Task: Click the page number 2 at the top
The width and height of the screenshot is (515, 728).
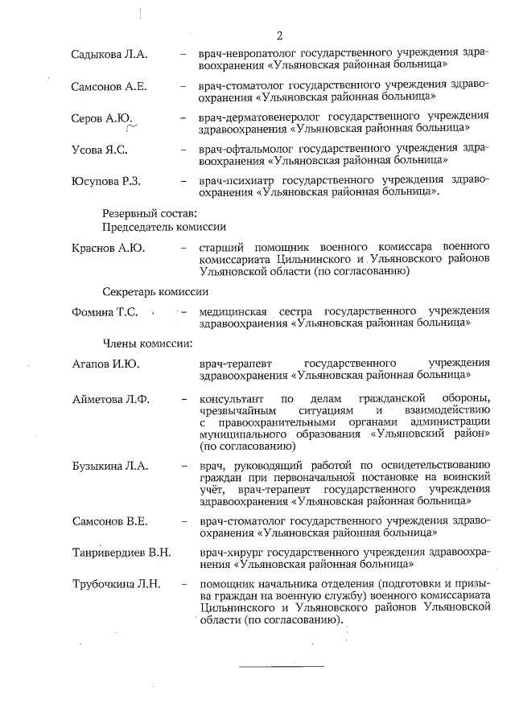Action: tap(279, 35)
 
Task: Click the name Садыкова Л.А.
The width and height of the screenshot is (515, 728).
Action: tap(109, 55)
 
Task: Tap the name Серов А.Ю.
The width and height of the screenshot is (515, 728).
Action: tap(101, 118)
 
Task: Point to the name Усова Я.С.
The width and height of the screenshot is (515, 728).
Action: tap(100, 150)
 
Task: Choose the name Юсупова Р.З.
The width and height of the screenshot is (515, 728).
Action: tap(106, 181)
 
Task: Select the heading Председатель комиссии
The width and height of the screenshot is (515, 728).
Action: tap(163, 227)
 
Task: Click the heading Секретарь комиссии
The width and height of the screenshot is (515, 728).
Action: tap(155, 291)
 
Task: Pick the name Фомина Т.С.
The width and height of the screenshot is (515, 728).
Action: tap(105, 312)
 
